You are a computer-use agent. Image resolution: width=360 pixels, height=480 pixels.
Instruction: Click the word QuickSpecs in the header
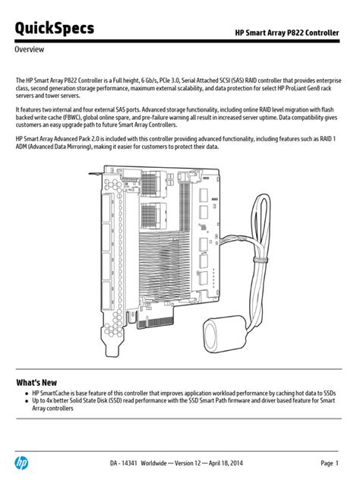[55, 28]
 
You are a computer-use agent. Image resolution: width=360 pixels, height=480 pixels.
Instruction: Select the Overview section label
[30, 49]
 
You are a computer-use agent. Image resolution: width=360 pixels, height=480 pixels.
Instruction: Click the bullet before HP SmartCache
[26, 393]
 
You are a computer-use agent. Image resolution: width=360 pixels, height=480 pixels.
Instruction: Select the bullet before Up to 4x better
[26, 401]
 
